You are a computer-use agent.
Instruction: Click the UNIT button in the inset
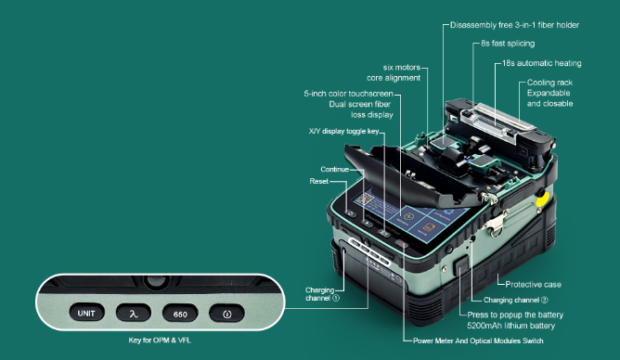pos(86,313)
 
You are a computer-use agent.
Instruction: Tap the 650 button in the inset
pos(180,313)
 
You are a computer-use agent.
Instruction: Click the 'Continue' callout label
pos(335,169)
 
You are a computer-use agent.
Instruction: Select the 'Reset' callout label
pos(319,182)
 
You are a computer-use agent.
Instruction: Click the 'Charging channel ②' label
pos(523,301)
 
